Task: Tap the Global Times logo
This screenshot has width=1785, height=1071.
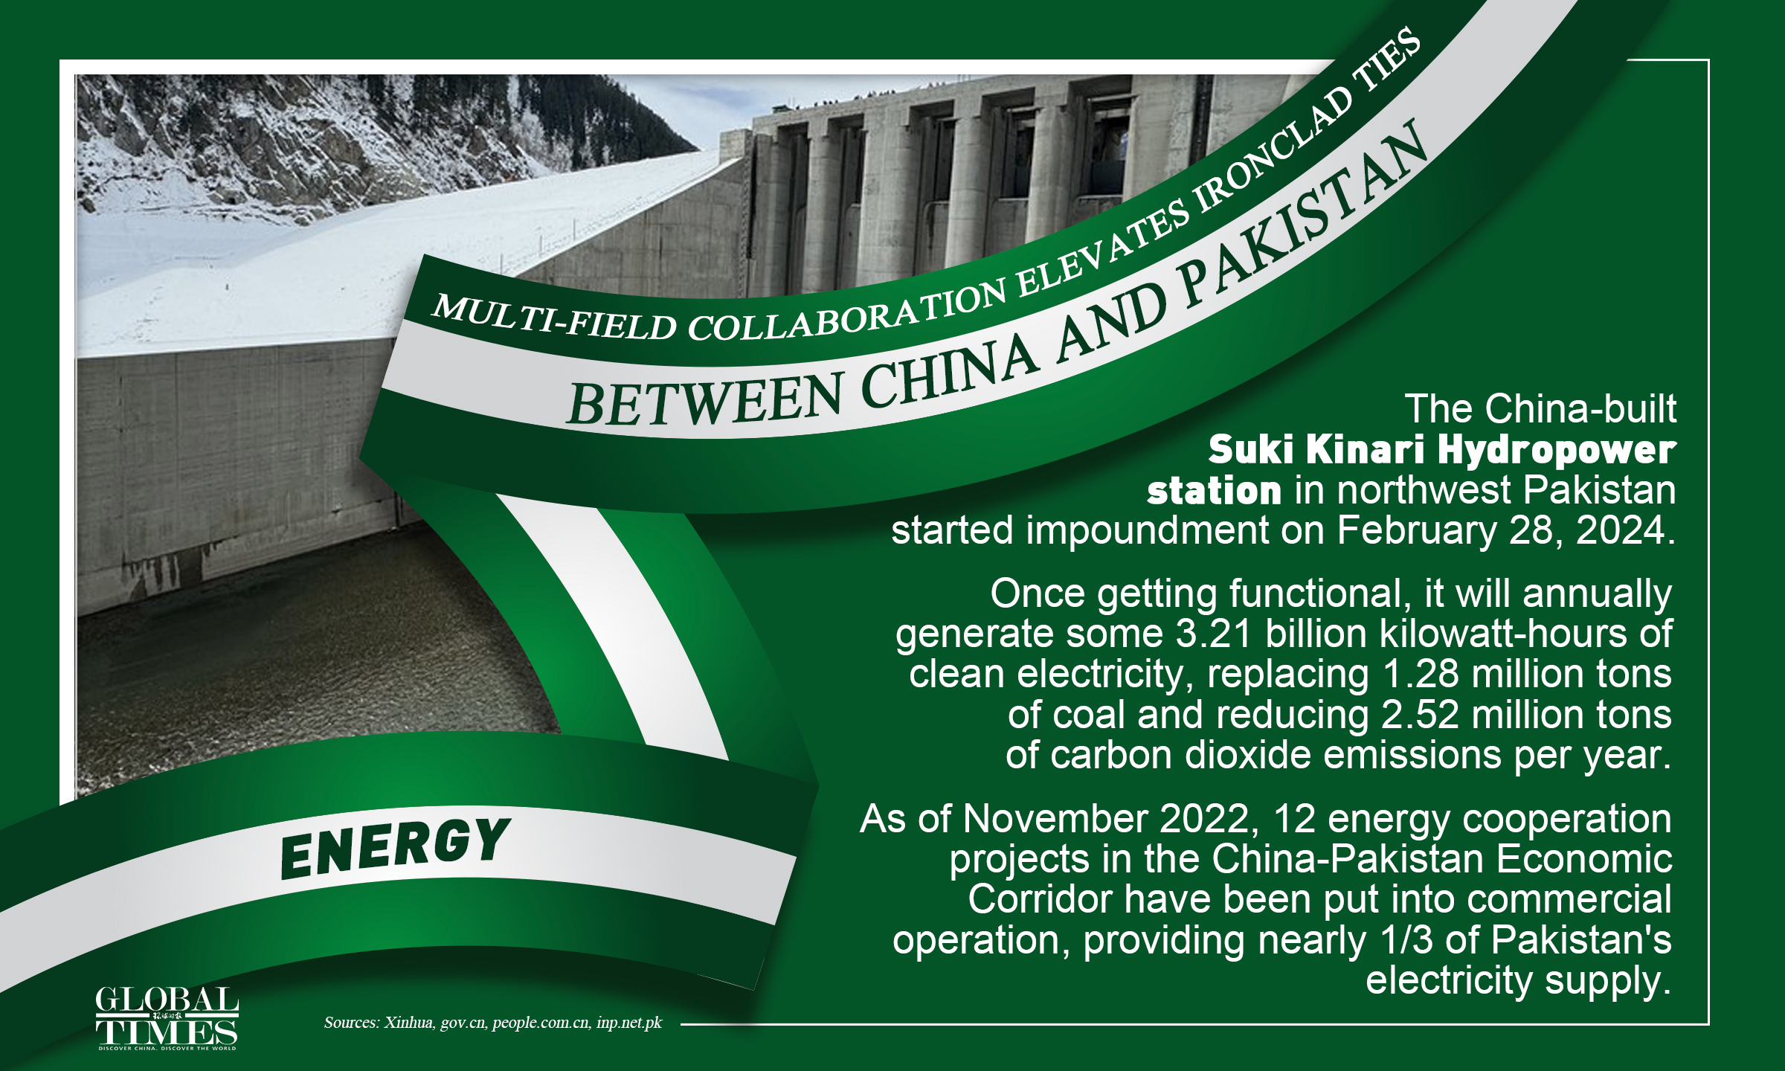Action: click(x=167, y=1018)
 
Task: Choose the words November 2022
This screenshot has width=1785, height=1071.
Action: click(x=1106, y=819)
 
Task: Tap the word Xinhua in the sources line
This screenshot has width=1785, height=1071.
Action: click(x=408, y=1023)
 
